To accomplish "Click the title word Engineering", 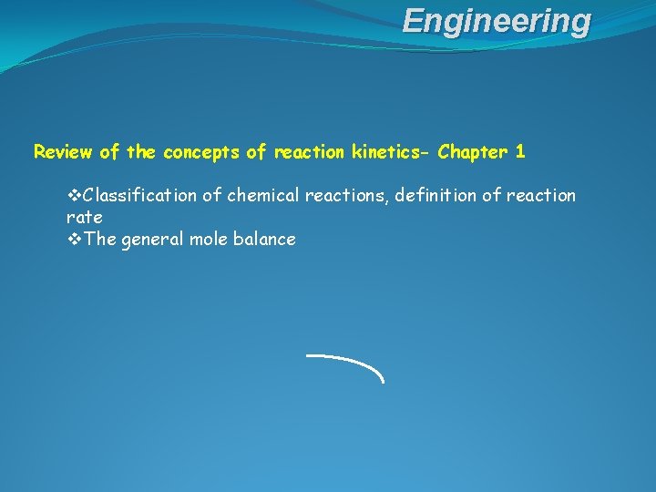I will point(497,20).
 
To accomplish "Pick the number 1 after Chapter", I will point(520,152).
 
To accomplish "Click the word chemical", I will point(263,195).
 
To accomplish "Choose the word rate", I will point(84,217).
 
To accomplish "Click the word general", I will point(150,240).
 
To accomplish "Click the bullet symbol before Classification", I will point(74,195).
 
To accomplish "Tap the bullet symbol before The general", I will point(74,240).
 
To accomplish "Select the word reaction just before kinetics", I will point(311,152).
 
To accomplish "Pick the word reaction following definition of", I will point(542,195).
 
